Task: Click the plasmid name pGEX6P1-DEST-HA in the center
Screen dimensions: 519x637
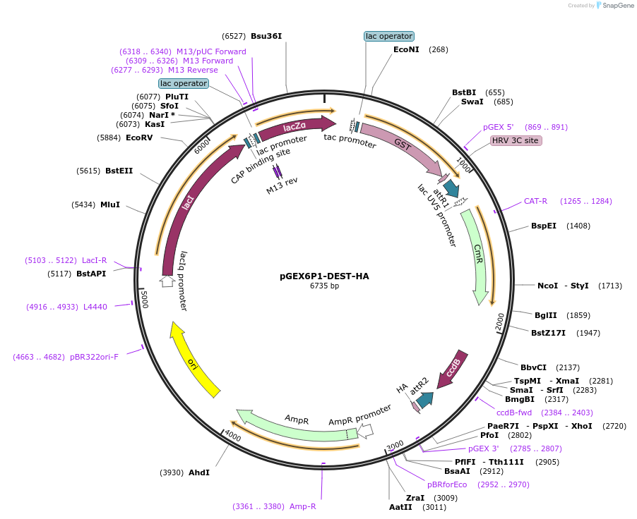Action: pos(324,276)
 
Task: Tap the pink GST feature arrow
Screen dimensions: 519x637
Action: pos(403,145)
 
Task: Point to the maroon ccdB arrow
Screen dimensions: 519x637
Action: pos(452,367)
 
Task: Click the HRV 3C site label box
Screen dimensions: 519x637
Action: pos(516,140)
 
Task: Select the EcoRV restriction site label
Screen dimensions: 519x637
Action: pos(139,138)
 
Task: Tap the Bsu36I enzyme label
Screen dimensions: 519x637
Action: pos(271,36)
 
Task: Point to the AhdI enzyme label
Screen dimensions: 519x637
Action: pos(198,472)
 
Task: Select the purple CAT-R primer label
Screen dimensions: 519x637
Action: pos(535,201)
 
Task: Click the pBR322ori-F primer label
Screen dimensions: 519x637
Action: pos(94,357)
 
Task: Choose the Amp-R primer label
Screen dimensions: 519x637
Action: pos(304,506)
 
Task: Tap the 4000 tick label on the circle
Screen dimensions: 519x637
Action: pos(232,436)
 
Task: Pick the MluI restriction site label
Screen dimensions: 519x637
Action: pos(110,204)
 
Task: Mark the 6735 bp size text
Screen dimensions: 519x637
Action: pos(324,286)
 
